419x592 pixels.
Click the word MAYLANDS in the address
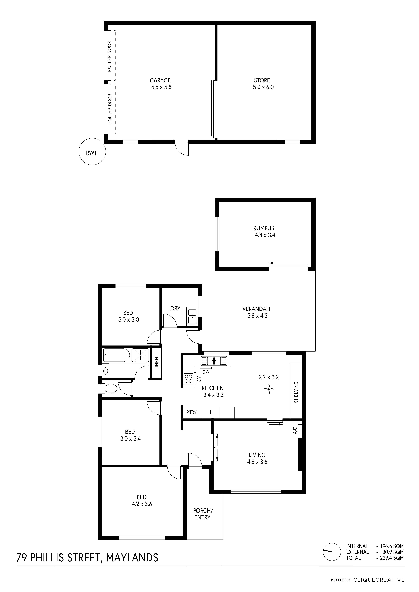pyautogui.click(x=132, y=557)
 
